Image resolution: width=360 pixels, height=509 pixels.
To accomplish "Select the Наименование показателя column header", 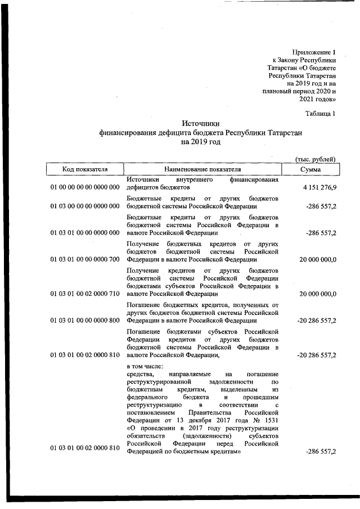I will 202,169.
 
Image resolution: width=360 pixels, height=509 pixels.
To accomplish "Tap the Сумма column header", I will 310,169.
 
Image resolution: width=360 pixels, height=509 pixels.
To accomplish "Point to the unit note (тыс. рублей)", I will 316,159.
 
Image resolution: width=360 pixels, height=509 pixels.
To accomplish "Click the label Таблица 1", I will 320,114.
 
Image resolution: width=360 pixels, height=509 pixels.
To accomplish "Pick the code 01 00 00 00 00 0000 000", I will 85,187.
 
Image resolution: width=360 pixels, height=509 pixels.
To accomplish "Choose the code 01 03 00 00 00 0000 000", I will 85,207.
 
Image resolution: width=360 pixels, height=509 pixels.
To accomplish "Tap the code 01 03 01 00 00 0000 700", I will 85,260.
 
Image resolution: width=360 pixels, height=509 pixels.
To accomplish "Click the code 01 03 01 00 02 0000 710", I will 85,294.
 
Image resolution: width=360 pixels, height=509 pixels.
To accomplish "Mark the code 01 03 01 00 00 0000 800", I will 85,321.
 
